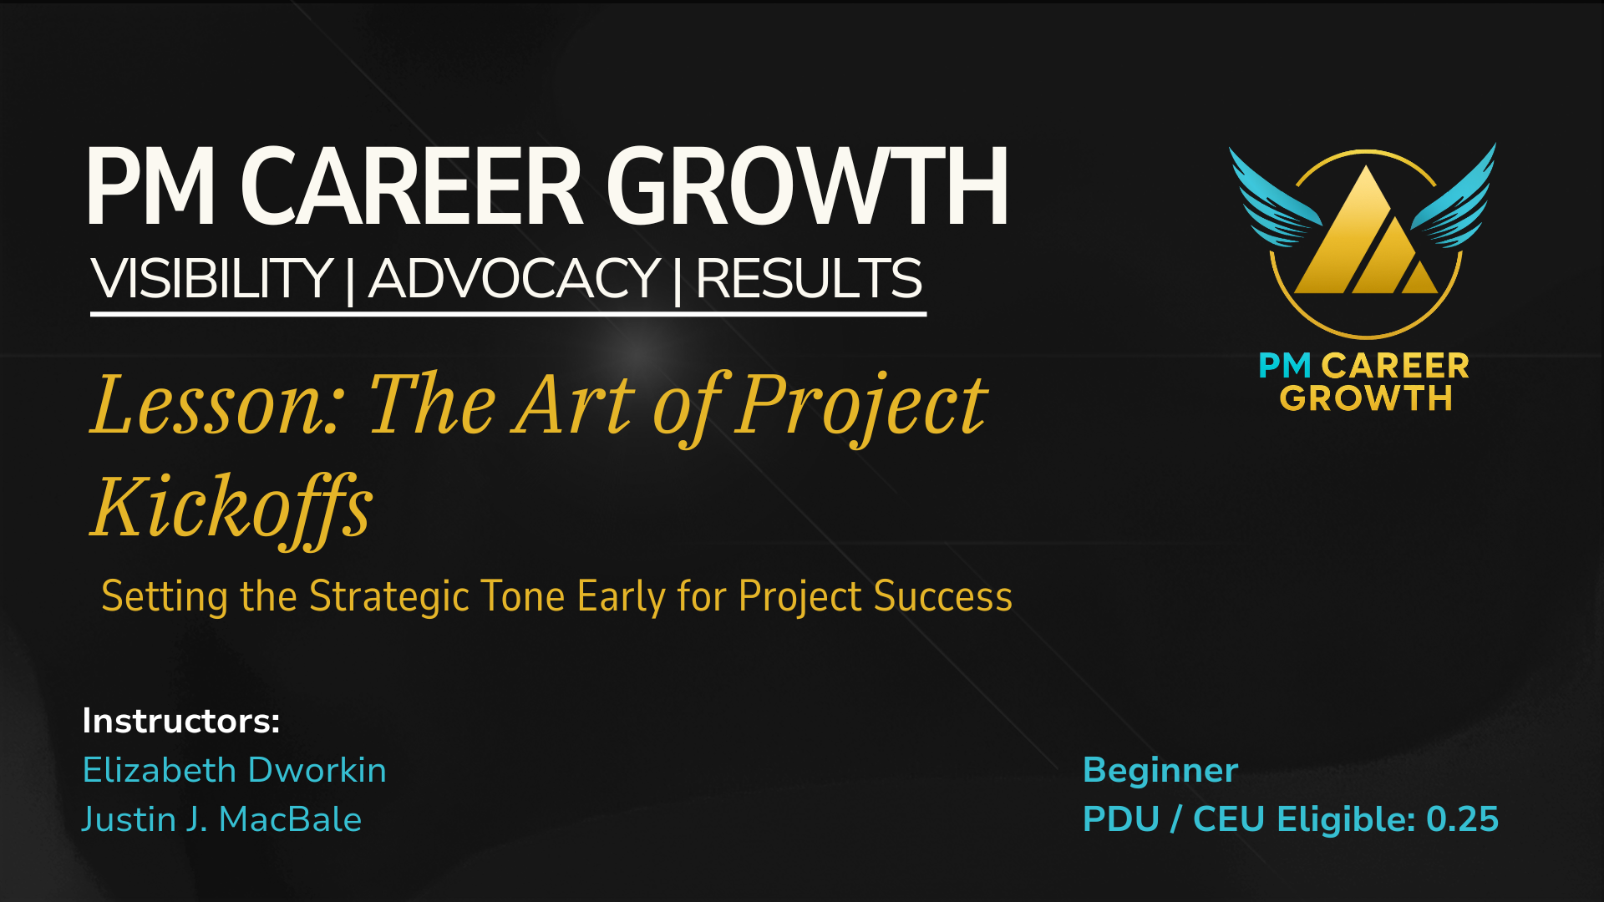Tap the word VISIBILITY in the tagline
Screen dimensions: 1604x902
tap(212, 278)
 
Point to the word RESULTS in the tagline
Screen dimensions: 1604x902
tap(809, 278)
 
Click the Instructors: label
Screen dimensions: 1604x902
tap(181, 721)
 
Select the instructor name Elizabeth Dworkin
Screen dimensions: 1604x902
tap(235, 770)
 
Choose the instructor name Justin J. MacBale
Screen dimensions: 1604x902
tap(222, 819)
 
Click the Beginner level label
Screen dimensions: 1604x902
tap(1160, 771)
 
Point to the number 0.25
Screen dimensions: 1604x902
tap(1463, 819)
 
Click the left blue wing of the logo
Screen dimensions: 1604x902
tap(1273, 200)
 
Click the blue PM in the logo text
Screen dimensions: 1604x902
tap(1285, 366)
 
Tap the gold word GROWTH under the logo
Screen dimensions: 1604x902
tap(1366, 398)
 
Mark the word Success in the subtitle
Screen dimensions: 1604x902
tap(943, 597)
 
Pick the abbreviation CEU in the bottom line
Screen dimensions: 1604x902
tap(1229, 819)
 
